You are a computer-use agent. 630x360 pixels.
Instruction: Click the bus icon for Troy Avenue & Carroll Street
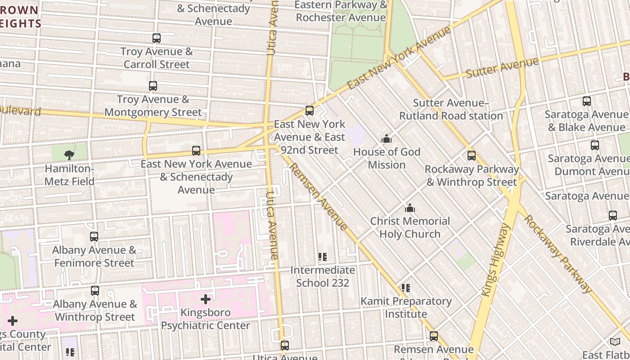157,38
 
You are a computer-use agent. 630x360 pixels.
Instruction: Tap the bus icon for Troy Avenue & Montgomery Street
153,86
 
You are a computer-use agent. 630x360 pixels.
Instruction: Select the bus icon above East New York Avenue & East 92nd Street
310,111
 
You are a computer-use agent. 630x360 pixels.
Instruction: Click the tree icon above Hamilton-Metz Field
69,155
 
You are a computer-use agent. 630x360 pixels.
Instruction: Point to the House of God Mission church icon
387,139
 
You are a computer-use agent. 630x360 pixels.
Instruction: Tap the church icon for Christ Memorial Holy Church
410,208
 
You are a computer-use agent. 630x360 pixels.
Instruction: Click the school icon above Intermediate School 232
323,257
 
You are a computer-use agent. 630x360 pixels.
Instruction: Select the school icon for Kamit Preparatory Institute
406,288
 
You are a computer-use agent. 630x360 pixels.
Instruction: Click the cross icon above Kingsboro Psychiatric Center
206,299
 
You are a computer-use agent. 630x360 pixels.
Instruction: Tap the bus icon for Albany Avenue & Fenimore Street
94,237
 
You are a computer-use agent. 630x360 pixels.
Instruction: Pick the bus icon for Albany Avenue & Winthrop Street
95,291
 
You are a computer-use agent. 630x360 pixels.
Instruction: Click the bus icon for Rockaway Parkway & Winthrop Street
472,156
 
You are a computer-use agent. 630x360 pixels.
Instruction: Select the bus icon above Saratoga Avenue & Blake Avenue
587,101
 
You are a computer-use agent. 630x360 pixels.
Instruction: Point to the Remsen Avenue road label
318,196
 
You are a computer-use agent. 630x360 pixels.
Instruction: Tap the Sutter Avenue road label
502,67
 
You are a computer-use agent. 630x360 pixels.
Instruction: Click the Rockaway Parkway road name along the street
558,254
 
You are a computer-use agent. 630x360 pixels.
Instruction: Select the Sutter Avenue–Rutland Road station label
451,109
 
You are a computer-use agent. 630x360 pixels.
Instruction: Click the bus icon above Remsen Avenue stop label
434,336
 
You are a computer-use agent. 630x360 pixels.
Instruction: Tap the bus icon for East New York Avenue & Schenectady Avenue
196,151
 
